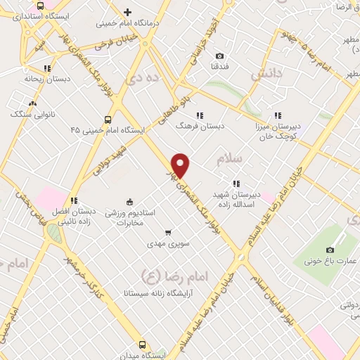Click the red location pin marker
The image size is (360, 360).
point(181,165)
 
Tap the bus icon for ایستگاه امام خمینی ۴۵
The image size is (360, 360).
point(108,120)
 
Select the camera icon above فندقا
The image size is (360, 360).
point(219,56)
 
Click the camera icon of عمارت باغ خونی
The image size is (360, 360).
point(330,250)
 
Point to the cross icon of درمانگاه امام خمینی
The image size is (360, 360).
point(127,11)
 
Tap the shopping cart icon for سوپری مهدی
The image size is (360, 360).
point(167,232)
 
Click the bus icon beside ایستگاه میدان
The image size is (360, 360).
point(143,345)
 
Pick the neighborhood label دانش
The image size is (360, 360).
point(266,72)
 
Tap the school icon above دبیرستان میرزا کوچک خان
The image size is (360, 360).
point(278,115)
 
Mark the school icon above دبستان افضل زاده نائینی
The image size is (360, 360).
point(74,200)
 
